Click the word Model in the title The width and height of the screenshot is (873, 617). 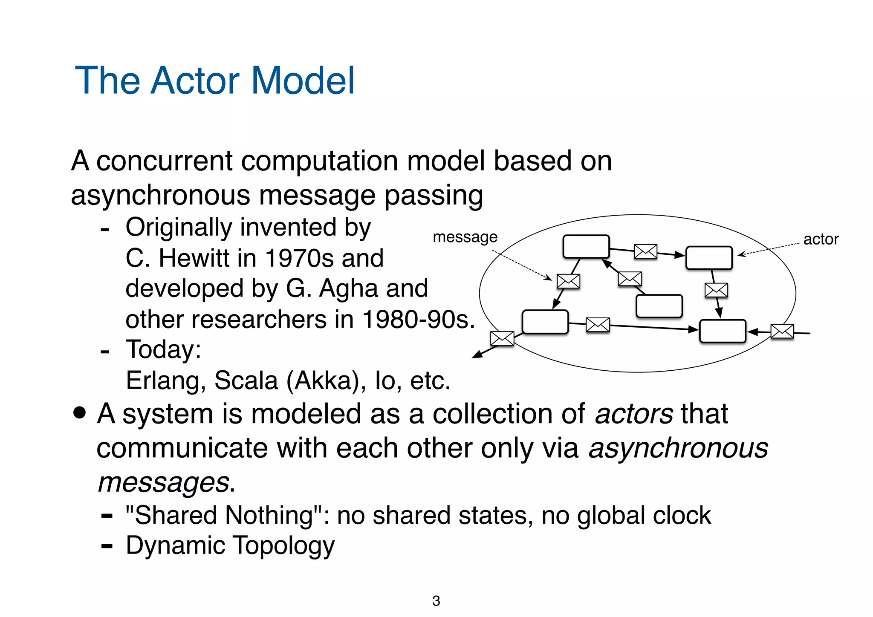coord(303,81)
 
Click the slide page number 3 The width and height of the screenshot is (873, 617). coord(436,600)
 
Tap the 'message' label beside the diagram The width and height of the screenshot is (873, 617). coord(465,237)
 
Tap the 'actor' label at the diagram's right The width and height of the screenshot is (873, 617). coord(821,239)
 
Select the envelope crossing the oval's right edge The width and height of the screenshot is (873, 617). coord(782,331)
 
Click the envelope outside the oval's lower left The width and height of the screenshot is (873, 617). coord(502,338)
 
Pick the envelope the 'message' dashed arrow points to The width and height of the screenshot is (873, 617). coord(568,281)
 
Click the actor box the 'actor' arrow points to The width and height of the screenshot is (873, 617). coord(709,257)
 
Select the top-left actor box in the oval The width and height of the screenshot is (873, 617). coord(586,246)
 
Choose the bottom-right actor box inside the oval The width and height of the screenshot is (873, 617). coord(723,331)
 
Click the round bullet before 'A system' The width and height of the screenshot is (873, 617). coord(79,413)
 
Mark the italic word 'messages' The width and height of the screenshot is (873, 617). coord(164,482)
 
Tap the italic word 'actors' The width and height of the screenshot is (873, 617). coord(634,414)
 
